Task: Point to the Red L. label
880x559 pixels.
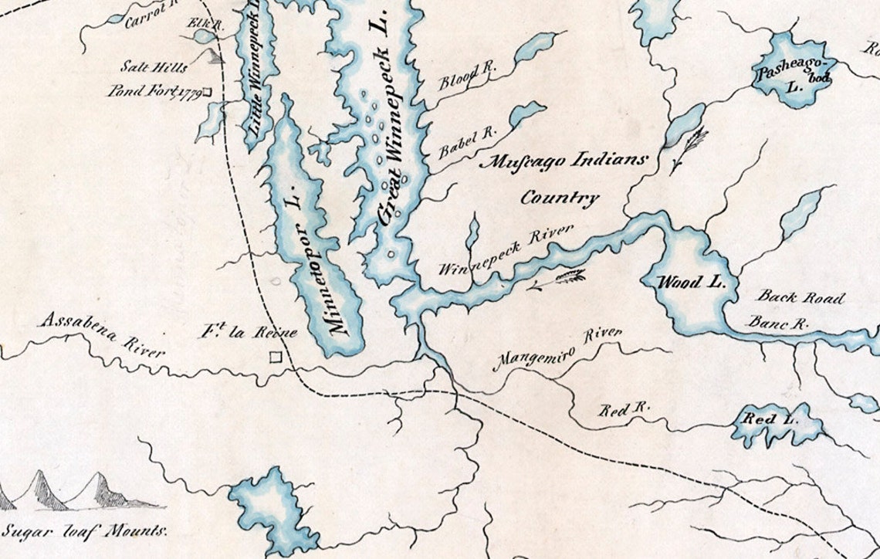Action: pos(759,420)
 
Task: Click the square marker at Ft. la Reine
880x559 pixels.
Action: pos(276,357)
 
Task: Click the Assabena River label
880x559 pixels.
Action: pos(103,335)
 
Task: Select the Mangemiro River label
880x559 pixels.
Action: pos(557,348)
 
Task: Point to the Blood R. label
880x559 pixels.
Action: pos(467,77)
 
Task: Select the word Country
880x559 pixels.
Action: pos(560,198)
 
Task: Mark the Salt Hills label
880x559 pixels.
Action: pos(155,67)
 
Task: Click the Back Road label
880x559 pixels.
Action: pos(800,298)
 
